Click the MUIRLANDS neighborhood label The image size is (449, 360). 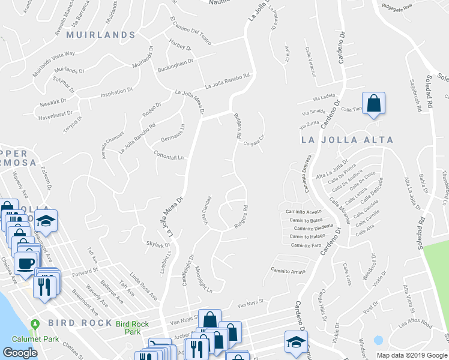coord(101,35)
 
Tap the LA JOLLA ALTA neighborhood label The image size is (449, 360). coord(347,140)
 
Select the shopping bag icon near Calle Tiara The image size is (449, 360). coord(373,104)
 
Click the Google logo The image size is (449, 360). coord(20,353)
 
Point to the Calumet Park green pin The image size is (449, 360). coord(35,325)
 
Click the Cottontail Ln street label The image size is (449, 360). coord(169,156)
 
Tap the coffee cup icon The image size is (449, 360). coord(25,263)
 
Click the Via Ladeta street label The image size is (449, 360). coord(324,97)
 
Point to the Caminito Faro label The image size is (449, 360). coord(306,245)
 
